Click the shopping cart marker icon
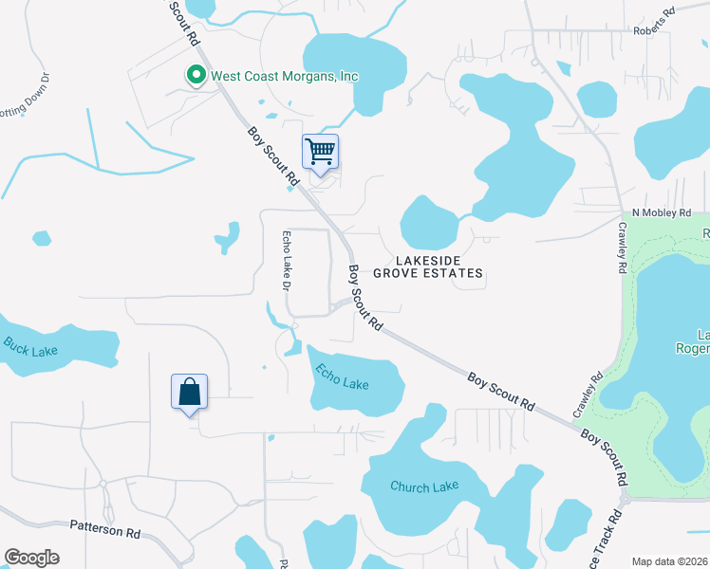[x=321, y=152]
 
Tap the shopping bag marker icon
[x=189, y=391]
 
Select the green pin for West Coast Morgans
[x=196, y=75]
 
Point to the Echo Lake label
[x=342, y=377]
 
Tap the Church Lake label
[x=424, y=486]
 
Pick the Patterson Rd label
[x=105, y=528]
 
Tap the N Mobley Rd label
[x=663, y=213]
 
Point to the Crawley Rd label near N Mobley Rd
[x=624, y=248]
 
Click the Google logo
[x=31, y=558]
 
